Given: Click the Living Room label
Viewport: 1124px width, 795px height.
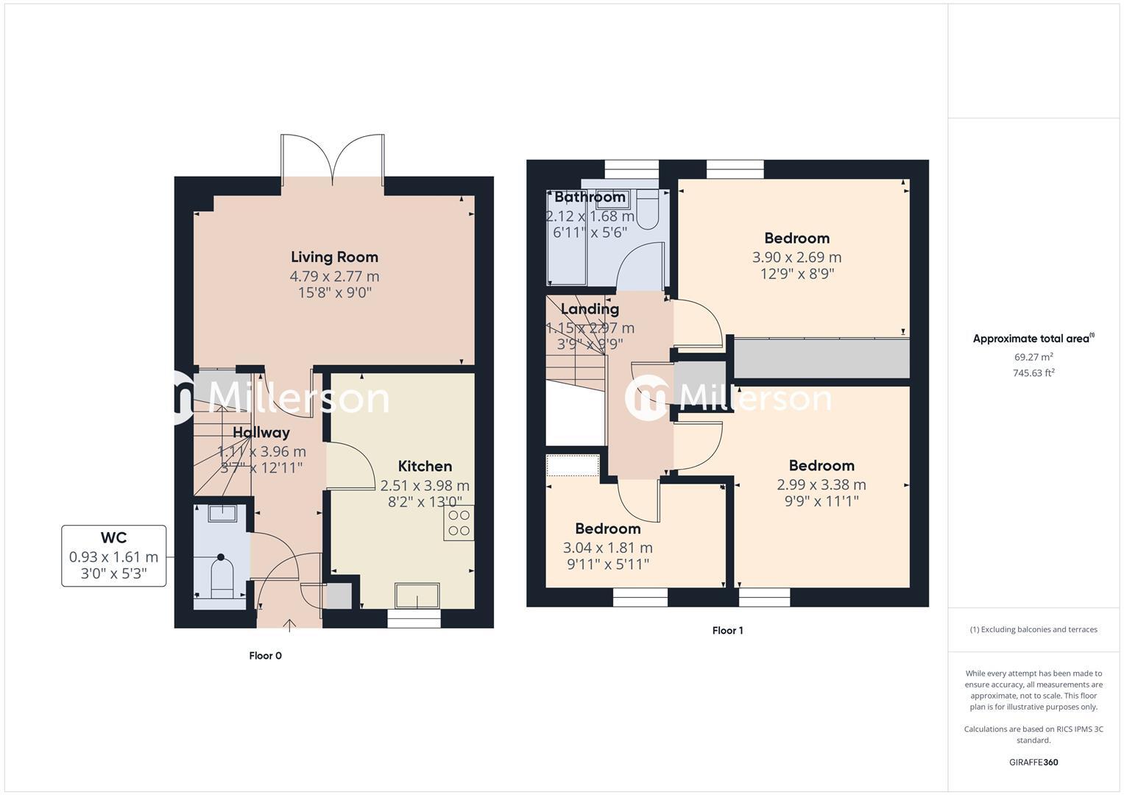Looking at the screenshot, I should point(334,257).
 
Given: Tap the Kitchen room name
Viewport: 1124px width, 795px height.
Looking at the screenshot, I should point(425,466).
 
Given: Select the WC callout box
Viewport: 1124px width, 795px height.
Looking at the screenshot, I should point(113,556).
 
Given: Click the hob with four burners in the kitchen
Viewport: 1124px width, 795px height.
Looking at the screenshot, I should point(459,523).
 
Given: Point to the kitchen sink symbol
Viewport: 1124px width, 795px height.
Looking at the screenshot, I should point(417,595).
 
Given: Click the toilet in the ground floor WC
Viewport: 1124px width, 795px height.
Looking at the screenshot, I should point(222,578).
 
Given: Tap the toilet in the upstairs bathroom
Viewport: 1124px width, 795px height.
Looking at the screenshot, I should point(648,209).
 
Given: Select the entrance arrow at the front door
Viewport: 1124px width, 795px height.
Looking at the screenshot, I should point(289,626).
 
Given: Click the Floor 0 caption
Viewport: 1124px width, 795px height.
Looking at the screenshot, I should point(265,656).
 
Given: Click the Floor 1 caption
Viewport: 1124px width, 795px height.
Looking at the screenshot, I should point(727,631).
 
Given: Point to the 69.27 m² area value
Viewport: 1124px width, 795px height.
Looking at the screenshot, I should point(1033,357).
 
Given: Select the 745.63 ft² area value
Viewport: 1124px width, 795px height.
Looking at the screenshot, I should point(1033,373).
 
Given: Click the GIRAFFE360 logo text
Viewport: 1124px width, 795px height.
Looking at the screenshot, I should point(1033,763).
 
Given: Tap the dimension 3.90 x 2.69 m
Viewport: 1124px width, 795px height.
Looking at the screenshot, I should point(796,257).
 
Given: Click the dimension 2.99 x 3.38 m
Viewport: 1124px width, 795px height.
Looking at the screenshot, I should point(821,484).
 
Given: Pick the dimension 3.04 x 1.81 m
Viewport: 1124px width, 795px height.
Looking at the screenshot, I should point(607,548).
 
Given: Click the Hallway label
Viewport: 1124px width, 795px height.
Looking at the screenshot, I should point(261,432).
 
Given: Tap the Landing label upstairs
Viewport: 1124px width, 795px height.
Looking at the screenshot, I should point(590,309).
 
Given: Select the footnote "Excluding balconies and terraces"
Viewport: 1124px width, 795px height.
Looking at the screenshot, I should point(1033,629).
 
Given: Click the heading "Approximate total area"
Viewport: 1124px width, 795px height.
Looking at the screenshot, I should point(1032,339).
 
